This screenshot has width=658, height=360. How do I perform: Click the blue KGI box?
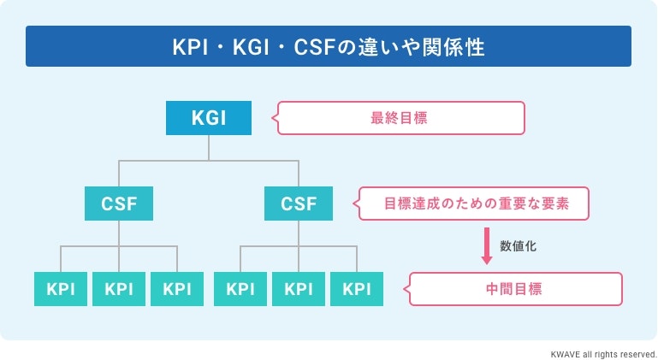tap(209, 118)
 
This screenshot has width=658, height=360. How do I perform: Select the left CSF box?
tap(120, 204)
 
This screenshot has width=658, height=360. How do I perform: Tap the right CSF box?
tap(299, 204)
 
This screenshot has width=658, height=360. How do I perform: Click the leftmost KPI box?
tap(61, 289)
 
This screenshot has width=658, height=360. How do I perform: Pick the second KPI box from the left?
tap(119, 289)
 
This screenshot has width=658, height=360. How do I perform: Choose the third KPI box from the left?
tap(177, 289)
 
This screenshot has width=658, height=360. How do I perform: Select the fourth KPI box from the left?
tap(240, 289)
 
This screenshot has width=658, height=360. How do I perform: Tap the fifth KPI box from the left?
tap(299, 289)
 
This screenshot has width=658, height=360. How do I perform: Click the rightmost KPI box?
tap(356, 289)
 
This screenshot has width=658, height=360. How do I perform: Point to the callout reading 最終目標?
tap(400, 118)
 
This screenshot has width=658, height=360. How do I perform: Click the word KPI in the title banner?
tap(190, 47)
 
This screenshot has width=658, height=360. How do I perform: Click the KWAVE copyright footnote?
tap(604, 352)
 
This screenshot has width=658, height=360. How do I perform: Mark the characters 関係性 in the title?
tap(458, 47)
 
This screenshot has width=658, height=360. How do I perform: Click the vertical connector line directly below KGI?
tap(209, 147)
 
